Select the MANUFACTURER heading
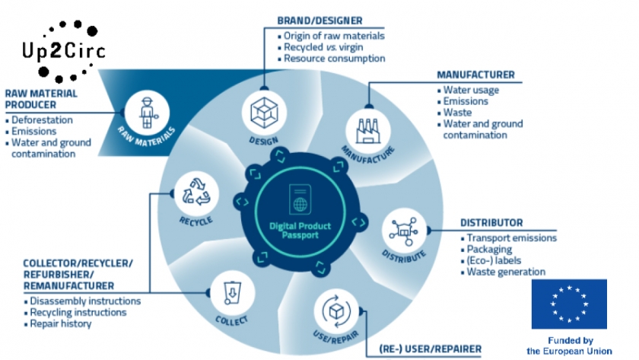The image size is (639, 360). pyautogui.click(x=475, y=75)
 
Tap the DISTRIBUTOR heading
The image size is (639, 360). pyautogui.click(x=491, y=223)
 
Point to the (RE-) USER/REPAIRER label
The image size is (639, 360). pyautogui.click(x=430, y=349)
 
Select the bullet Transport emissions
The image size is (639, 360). pyautogui.click(x=511, y=238)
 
